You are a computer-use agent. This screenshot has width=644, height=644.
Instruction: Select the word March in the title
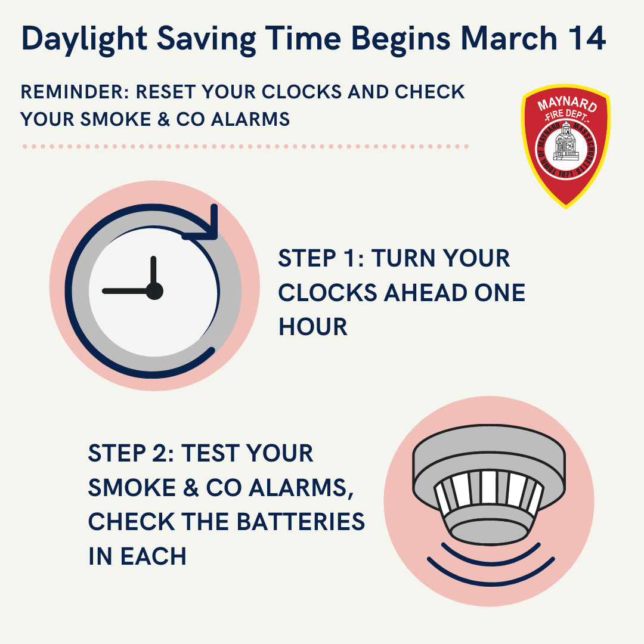tap(509, 38)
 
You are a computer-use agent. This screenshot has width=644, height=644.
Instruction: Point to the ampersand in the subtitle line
tap(163, 119)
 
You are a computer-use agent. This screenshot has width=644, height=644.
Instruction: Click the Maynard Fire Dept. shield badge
tap(566, 146)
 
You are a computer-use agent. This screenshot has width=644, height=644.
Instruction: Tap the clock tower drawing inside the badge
tap(566, 142)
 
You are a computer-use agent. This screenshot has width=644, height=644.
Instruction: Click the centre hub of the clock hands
tap(154, 291)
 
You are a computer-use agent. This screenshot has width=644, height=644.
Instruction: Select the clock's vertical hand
tap(153, 273)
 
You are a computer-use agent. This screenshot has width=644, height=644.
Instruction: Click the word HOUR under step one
tap(313, 327)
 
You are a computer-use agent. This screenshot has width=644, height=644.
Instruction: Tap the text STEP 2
tap(129, 453)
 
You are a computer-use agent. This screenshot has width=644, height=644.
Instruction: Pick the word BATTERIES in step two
tap(301, 522)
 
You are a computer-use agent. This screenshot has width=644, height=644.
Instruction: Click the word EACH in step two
tap(153, 556)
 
